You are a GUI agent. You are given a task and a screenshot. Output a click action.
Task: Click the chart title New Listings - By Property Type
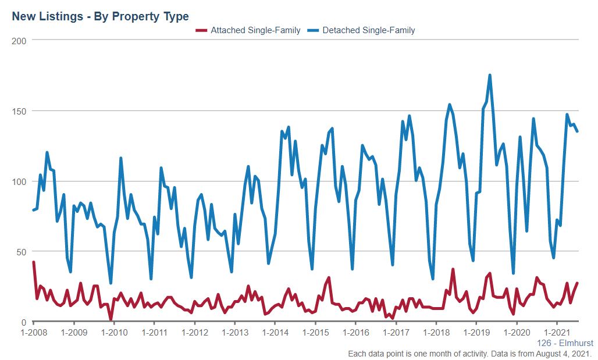pyautogui.click(x=100, y=16)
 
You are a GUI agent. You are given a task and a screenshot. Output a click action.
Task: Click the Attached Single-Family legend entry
pyautogui.click(x=248, y=30)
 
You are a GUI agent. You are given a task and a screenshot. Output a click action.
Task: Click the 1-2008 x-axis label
pyautogui.click(x=34, y=333)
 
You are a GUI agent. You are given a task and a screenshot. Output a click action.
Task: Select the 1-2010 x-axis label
pyautogui.click(x=114, y=333)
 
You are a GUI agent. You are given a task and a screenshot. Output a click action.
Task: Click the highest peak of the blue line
pyautogui.click(x=490, y=75)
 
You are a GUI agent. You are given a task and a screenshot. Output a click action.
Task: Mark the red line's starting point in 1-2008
pyautogui.click(x=34, y=262)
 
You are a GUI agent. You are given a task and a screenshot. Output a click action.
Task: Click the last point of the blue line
pyautogui.click(x=577, y=131)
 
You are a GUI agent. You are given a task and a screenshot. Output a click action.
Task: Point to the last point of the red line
pyautogui.click(x=577, y=283)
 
